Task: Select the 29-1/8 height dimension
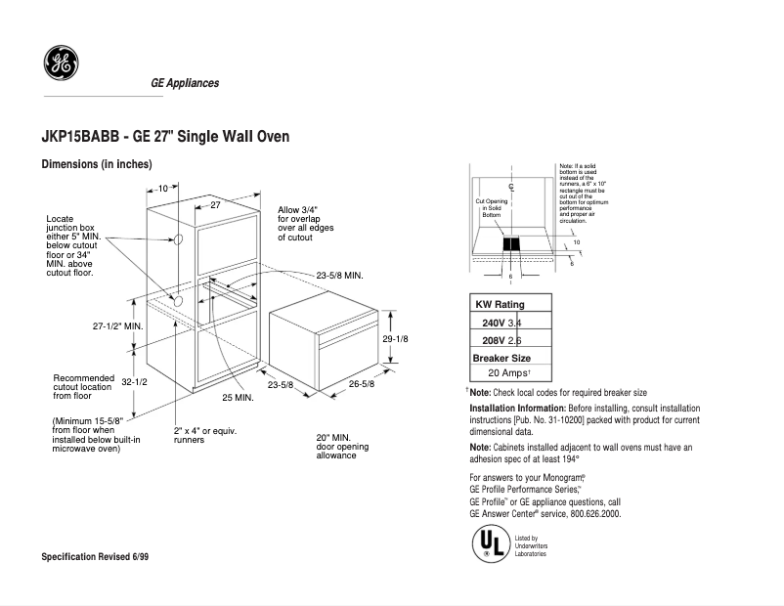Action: coord(395,338)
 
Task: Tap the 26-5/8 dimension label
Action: coord(362,384)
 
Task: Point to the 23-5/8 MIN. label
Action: coord(339,276)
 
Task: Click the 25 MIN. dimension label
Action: coord(238,398)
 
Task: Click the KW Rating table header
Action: coord(500,305)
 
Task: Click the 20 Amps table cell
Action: coord(508,373)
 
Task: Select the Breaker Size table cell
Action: coord(501,358)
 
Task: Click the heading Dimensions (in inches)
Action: coord(97,164)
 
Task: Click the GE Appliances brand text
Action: coord(185,83)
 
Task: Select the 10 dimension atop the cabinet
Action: coord(161,188)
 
